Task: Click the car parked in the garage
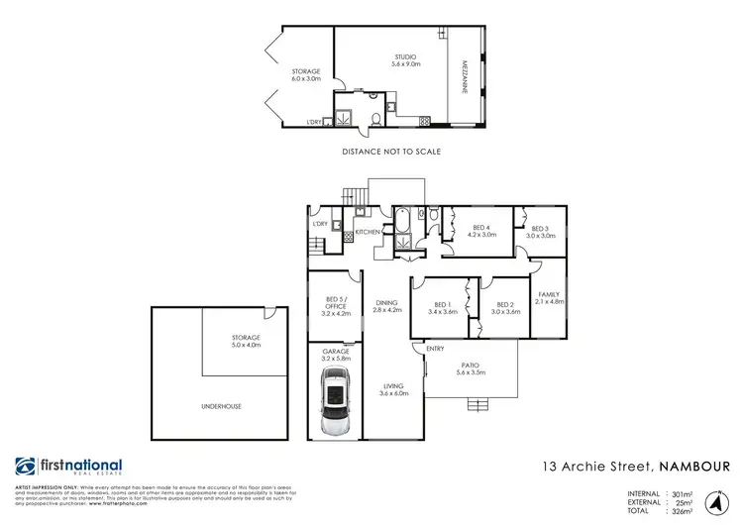335,403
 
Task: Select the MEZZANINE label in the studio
462,77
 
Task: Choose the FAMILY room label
550,297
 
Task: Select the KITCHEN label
369,231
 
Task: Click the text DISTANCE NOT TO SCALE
390,152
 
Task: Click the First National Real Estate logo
68,468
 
